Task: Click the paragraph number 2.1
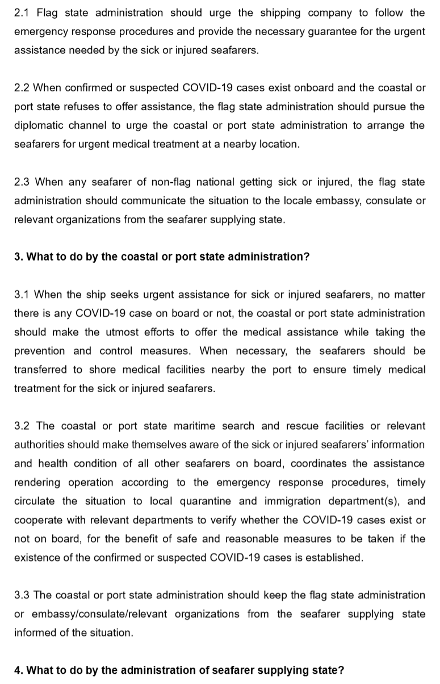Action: coord(23,12)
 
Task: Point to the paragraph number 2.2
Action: coord(23,88)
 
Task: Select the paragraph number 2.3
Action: coord(23,182)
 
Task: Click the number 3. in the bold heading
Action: coord(19,257)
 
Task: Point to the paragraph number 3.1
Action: coord(23,295)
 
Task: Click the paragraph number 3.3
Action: coord(23,595)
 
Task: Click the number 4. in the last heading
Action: coord(19,670)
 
